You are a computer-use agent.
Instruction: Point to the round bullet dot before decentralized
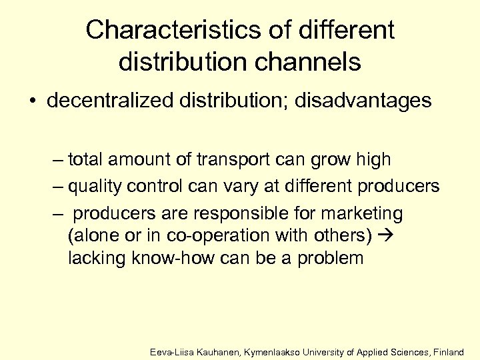[x=32, y=102]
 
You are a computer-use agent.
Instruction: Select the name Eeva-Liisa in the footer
[x=171, y=351]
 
